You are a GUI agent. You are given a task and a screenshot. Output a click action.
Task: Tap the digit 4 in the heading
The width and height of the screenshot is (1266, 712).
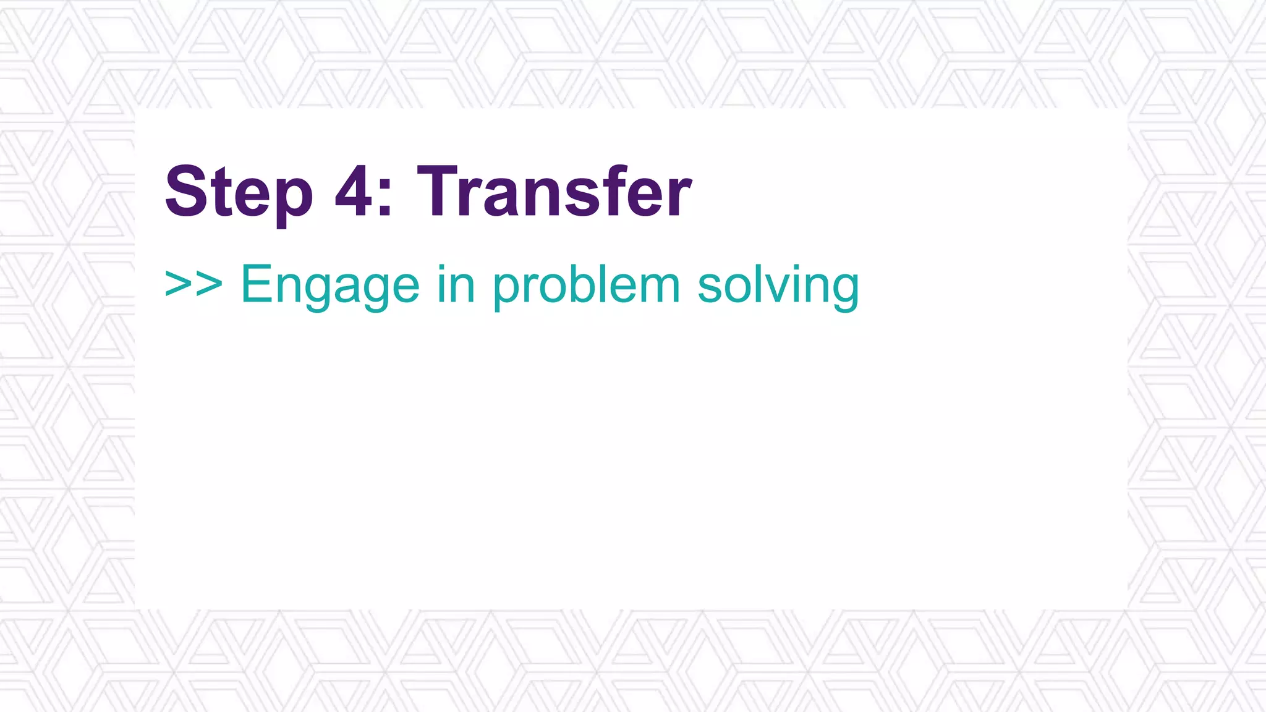[354, 192]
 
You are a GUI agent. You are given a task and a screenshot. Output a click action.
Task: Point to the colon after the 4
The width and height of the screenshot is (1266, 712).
[385, 197]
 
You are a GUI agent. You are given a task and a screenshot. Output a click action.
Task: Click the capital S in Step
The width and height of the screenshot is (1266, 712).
[185, 192]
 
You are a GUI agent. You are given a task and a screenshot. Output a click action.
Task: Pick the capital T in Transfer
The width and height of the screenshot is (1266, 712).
[440, 192]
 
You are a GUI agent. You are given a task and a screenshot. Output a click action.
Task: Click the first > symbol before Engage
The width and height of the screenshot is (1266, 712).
[178, 284]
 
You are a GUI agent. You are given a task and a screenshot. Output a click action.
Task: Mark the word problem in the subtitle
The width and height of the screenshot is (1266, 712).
[586, 286]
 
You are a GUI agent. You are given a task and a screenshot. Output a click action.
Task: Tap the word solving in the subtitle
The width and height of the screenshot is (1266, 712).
[778, 286]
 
